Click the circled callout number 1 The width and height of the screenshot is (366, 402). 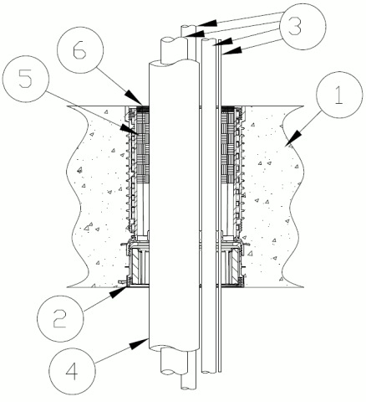(x=339, y=95)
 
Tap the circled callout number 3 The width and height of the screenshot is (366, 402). (x=302, y=27)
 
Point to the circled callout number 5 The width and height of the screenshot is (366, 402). (x=25, y=80)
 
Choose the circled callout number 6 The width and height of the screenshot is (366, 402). (x=80, y=50)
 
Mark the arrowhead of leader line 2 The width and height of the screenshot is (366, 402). (x=118, y=291)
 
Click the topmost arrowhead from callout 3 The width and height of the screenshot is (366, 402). (x=206, y=23)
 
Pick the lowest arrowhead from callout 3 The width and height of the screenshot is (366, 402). (x=231, y=51)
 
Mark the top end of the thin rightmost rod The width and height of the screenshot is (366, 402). (x=220, y=40)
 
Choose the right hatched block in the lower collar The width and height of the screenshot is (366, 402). (x=234, y=265)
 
